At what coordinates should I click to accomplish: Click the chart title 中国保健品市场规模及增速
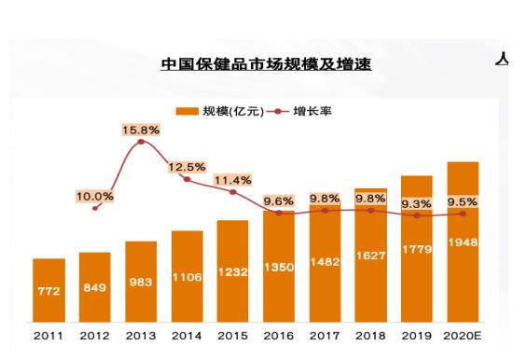click(265, 64)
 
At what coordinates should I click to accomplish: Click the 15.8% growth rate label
click(141, 130)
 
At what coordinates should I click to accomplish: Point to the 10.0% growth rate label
click(95, 196)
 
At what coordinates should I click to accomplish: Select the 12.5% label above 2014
click(187, 167)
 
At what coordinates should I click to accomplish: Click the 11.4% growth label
click(233, 180)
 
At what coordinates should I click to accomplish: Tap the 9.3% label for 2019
click(417, 203)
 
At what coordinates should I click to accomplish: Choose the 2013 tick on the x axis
click(141, 335)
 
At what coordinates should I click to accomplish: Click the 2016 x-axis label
click(279, 335)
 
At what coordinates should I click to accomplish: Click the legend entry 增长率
click(300, 111)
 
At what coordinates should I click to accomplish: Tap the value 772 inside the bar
click(49, 291)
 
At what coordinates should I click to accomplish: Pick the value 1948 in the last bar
click(463, 242)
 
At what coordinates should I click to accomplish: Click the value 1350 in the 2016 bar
click(279, 268)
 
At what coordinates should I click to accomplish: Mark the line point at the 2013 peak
click(141, 142)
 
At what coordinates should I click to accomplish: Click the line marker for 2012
click(95, 208)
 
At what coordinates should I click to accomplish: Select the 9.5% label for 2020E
click(463, 201)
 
